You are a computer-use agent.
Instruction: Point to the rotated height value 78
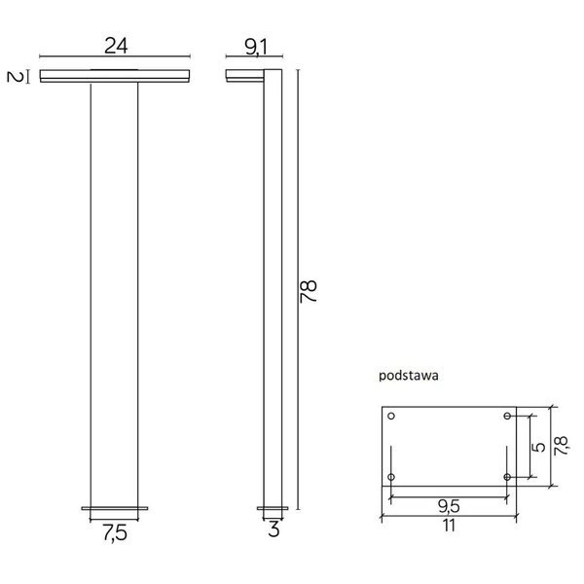coord(310,290)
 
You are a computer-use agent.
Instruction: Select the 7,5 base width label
coord(115,532)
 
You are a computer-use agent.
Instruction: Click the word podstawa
coord(407,373)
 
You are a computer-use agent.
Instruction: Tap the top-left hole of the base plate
coord(391,417)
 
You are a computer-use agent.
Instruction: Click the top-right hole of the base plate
coord(507,417)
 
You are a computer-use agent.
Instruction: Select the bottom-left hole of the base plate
coord(391,477)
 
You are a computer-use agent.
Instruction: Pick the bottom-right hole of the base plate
coord(507,477)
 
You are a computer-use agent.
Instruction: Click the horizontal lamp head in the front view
coord(115,76)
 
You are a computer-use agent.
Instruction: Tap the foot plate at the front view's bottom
coord(115,508)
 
